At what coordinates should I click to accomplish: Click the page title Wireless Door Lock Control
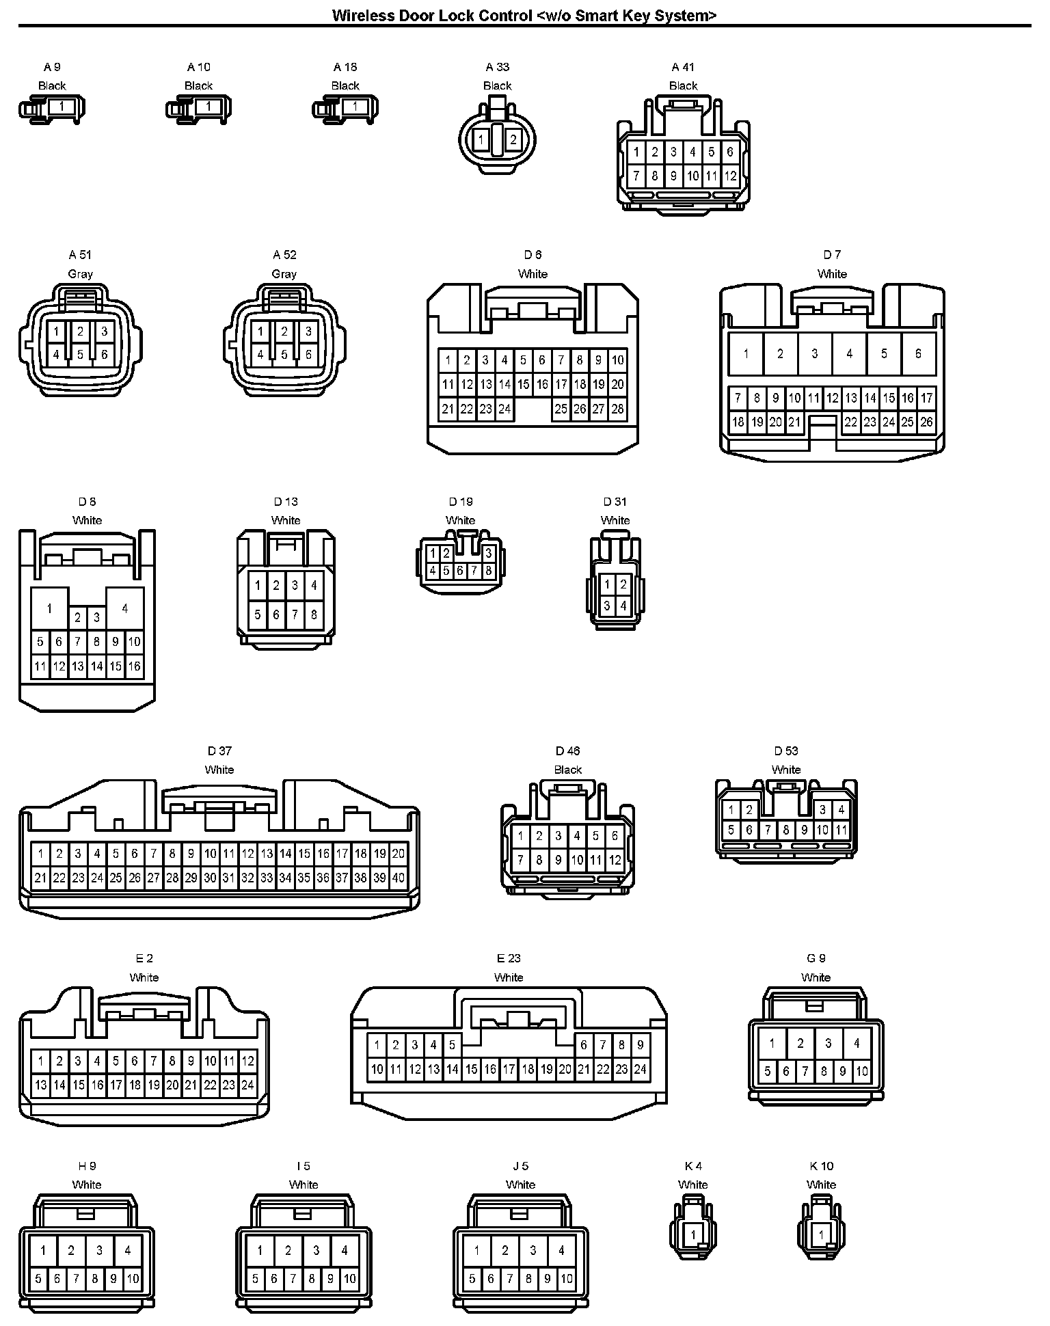pyautogui.click(x=524, y=15)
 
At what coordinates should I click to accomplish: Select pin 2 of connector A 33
pyautogui.click(x=513, y=140)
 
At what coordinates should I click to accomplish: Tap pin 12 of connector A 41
pyautogui.click(x=730, y=176)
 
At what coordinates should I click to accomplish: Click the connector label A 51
pyautogui.click(x=80, y=255)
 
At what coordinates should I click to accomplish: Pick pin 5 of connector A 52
pyautogui.click(x=284, y=355)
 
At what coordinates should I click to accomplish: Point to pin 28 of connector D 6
pyautogui.click(x=617, y=409)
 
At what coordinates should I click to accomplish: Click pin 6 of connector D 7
pyautogui.click(x=918, y=353)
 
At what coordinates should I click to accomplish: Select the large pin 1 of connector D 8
pyautogui.click(x=49, y=608)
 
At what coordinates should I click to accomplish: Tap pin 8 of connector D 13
pyautogui.click(x=314, y=614)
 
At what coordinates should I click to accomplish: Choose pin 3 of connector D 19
pyautogui.click(x=488, y=554)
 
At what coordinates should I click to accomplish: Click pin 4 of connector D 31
pyautogui.click(x=623, y=606)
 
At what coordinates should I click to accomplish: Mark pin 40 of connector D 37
pyautogui.click(x=399, y=878)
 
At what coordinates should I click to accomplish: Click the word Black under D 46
pyautogui.click(x=568, y=770)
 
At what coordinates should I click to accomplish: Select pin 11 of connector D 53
pyautogui.click(x=842, y=830)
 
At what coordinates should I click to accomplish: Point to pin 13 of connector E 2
pyautogui.click(x=40, y=1085)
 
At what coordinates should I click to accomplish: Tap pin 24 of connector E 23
pyautogui.click(x=640, y=1069)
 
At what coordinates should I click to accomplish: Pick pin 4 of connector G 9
pyautogui.click(x=857, y=1044)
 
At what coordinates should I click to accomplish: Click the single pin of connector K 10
pyautogui.click(x=821, y=1234)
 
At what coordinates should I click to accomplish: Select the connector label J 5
pyautogui.click(x=520, y=1166)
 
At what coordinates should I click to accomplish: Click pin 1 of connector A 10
pyautogui.click(x=208, y=107)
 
